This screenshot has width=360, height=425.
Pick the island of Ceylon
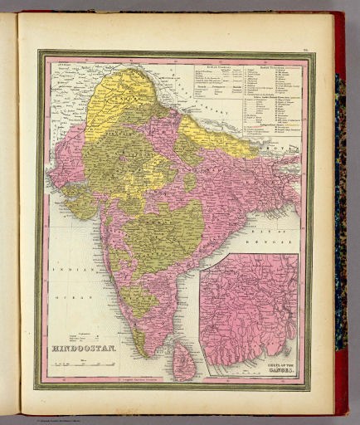pyautogui.click(x=184, y=361)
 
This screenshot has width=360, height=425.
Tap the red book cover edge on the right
pyautogui.click(x=340, y=208)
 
